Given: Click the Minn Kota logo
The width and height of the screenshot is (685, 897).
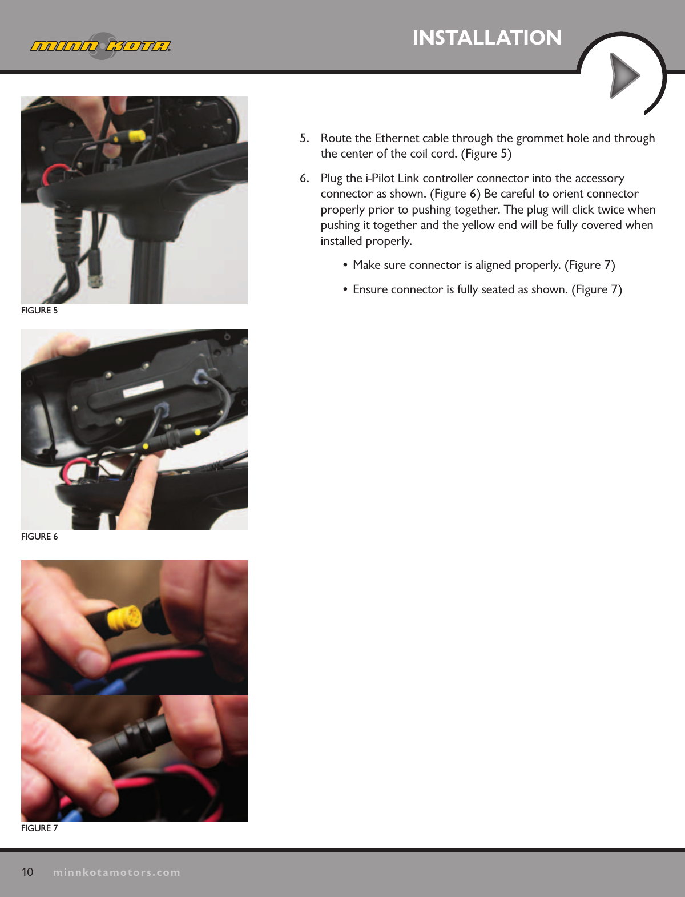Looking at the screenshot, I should tap(100, 46).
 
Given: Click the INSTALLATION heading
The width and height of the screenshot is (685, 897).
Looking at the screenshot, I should tap(487, 38).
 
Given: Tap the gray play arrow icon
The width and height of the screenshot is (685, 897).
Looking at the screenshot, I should tap(624, 75).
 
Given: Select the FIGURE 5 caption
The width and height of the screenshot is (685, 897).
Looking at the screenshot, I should tap(39, 311).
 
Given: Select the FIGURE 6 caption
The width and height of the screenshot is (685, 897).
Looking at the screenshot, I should tap(39, 537).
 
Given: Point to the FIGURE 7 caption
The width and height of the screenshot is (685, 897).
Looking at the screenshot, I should tap(39, 828).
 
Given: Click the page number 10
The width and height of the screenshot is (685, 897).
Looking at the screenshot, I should tap(27, 872).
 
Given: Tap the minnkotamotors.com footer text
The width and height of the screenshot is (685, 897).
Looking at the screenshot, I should tap(116, 872).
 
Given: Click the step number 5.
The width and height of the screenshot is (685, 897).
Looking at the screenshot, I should tap(304, 138).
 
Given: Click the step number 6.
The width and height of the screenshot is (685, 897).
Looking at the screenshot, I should tap(304, 178).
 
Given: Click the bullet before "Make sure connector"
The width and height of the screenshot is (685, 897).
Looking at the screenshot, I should tap(345, 266).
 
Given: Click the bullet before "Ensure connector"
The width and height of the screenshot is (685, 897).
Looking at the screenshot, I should tap(345, 290).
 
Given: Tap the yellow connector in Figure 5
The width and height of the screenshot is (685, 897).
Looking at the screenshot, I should tap(136, 136).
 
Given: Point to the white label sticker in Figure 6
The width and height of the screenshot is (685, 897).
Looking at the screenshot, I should tap(144, 391).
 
